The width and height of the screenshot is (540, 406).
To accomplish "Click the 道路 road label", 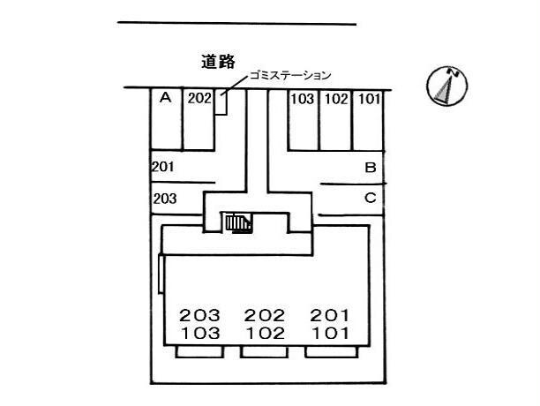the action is pos(218,62).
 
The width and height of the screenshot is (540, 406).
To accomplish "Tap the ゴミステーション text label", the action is pos(290,75).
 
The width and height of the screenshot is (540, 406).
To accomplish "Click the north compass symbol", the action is pos(446,85).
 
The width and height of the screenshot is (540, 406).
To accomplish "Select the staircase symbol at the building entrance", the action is pos(239,223).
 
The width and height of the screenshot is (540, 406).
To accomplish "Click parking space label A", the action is pos(166,98).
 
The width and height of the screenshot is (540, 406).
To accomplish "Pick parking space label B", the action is pos(371,168).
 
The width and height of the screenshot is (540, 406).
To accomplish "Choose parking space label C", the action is pos(371,198).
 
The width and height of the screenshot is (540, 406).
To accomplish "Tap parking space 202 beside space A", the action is pos(199,99).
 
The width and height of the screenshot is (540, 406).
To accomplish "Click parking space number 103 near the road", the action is pos(303,99).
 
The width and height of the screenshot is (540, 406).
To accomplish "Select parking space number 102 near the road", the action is pos(336,99).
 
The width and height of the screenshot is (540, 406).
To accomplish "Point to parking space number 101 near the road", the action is pos(370,99).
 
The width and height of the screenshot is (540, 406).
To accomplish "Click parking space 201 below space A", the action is pos(163,167).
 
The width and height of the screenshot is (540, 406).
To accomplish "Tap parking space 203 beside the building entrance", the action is pos(165,199).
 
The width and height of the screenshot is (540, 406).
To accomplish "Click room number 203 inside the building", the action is pos(199,315).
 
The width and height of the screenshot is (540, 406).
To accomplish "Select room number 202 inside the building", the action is pos(265,315).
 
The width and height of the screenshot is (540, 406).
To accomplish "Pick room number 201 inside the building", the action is pos(330,315).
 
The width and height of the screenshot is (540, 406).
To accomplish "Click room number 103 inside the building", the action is pos(200,334).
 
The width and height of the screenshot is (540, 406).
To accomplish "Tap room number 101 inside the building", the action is pos(330,334).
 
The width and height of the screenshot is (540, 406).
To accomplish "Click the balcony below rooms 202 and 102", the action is pos(264,351).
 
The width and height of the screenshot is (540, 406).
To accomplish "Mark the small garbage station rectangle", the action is pos(221,102).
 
